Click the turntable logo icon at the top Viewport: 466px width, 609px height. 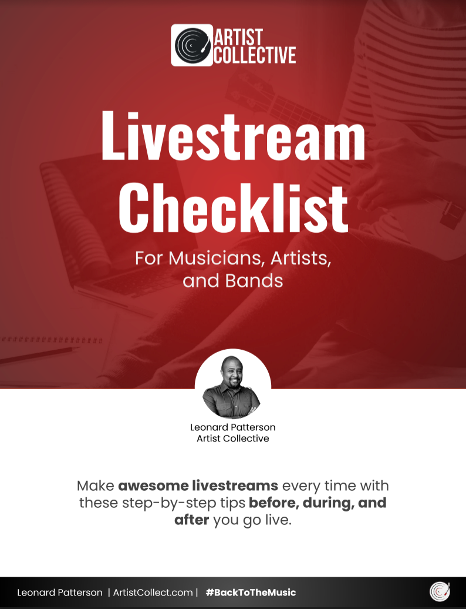point(192,45)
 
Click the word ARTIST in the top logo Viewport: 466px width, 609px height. point(238,37)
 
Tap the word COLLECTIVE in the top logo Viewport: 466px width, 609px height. point(255,55)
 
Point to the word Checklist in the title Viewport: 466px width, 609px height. point(233,207)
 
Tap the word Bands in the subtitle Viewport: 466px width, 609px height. point(254,280)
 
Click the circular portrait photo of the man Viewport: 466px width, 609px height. point(232,386)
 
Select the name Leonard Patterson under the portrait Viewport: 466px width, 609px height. point(232,427)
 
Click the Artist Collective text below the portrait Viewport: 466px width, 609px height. point(232,439)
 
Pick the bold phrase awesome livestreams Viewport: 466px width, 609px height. point(198,486)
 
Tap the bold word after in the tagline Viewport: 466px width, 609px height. point(191,520)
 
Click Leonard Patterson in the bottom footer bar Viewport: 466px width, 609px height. point(60,593)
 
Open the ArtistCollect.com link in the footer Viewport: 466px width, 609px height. point(153,593)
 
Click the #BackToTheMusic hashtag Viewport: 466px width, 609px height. point(251,593)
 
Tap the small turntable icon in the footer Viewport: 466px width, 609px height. point(440,592)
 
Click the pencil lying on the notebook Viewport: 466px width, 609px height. point(39,356)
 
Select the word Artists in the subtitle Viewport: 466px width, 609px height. point(300,258)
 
